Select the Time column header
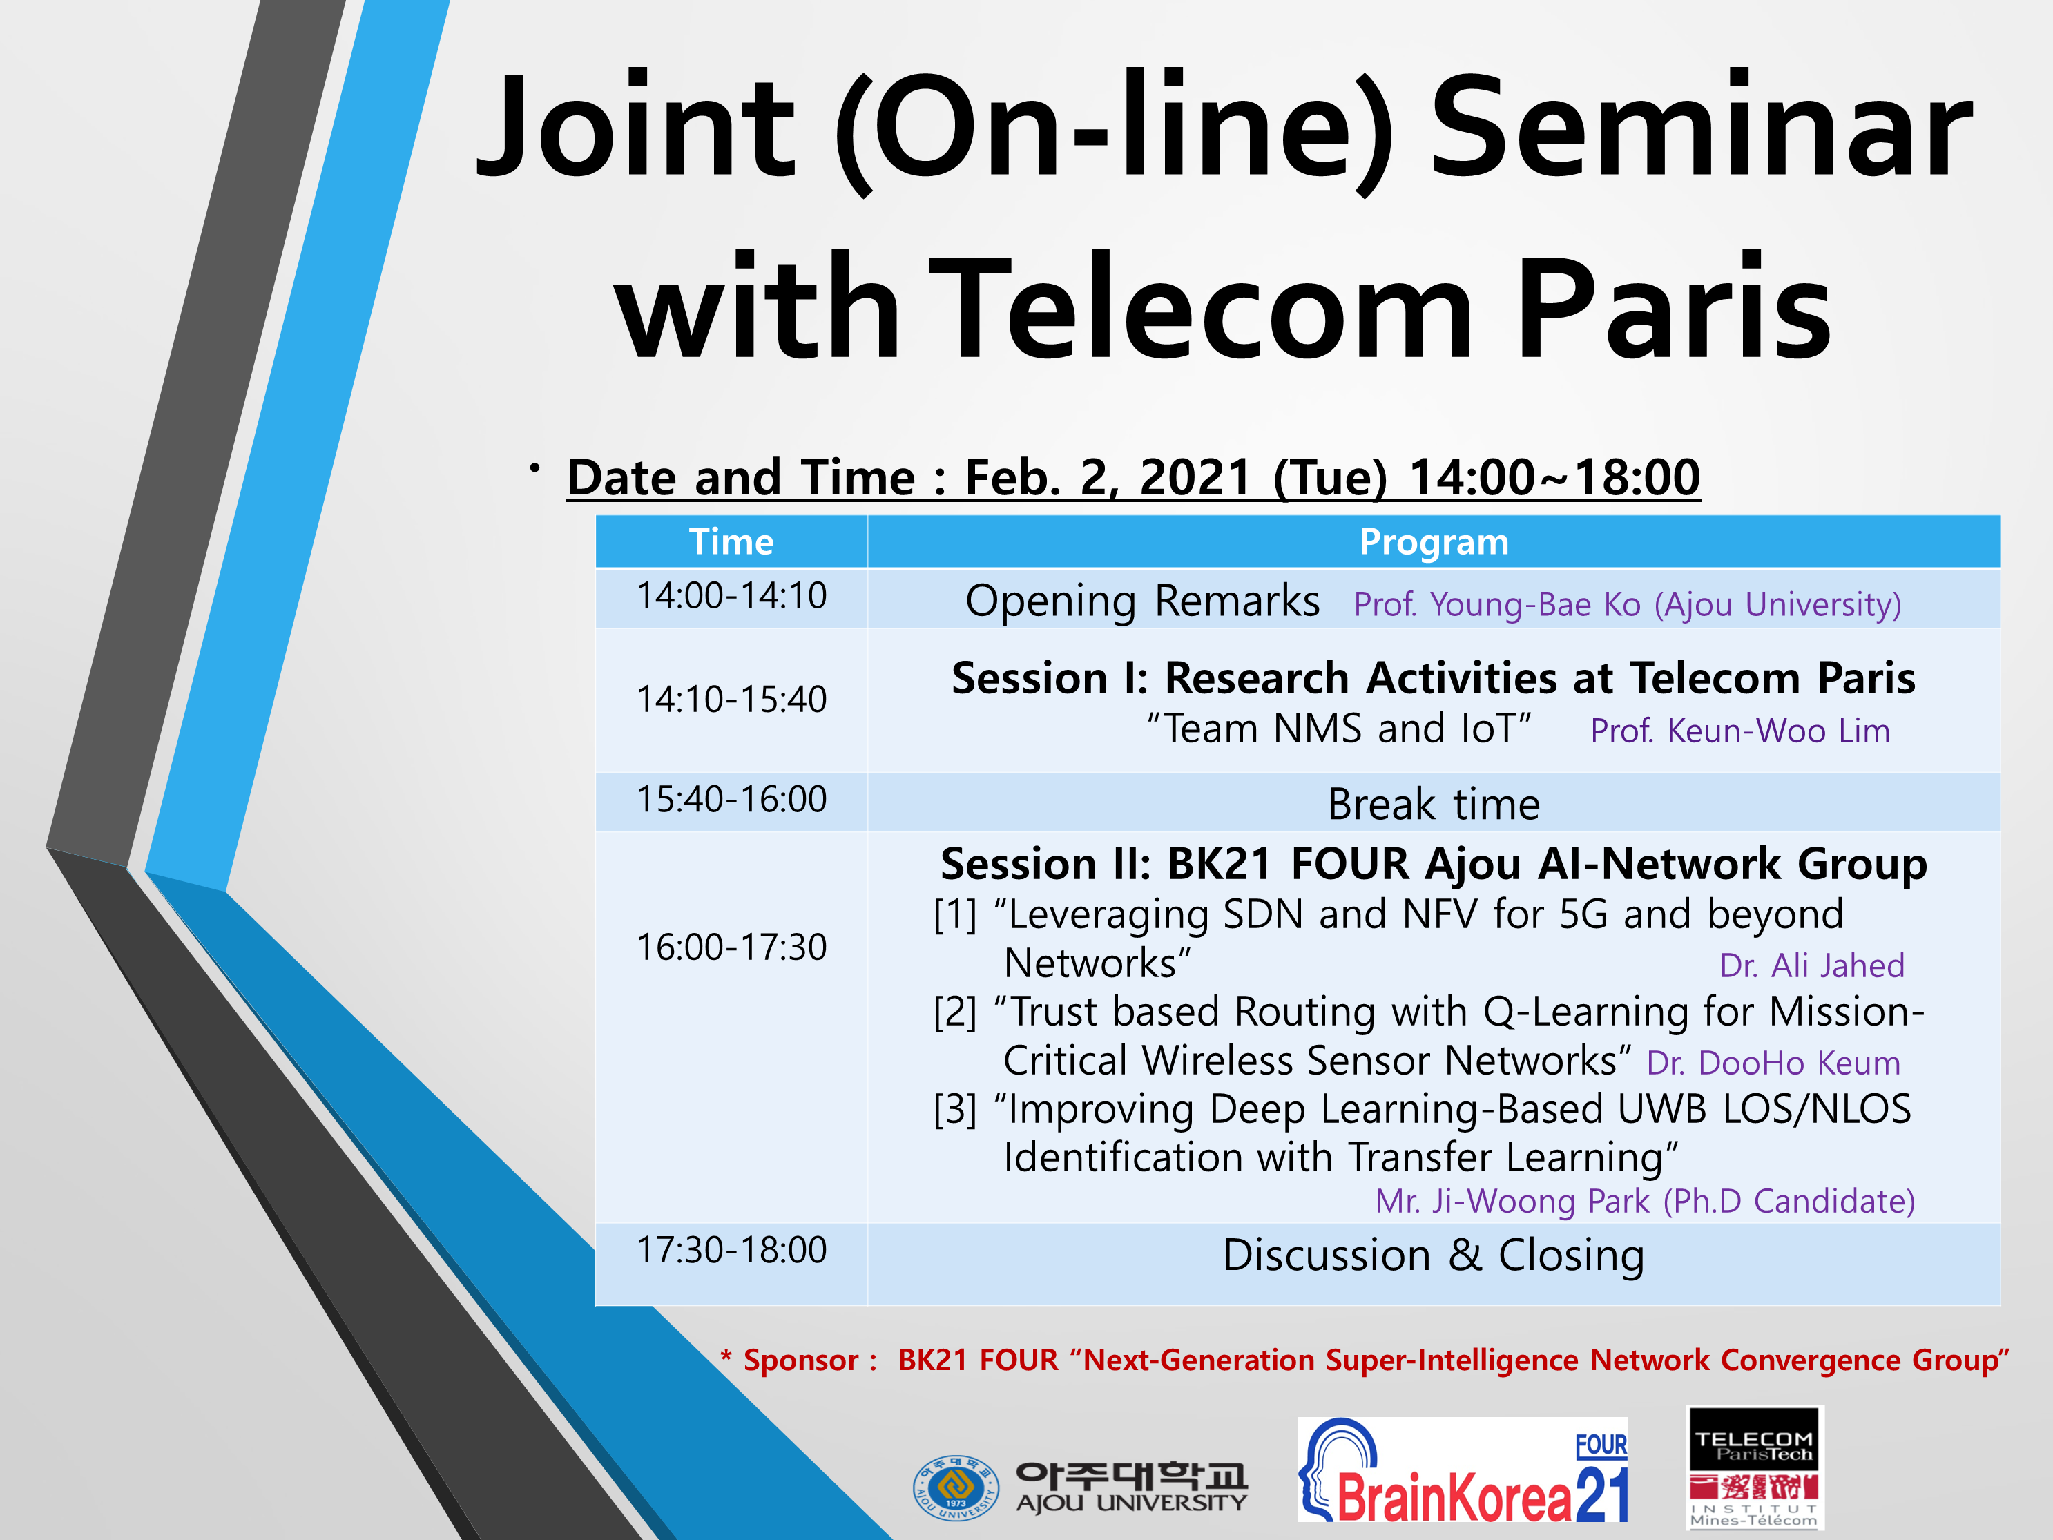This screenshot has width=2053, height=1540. point(731,541)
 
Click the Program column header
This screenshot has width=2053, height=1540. point(1434,541)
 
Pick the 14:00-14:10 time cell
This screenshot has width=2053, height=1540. point(731,595)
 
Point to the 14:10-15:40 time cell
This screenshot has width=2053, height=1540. point(731,699)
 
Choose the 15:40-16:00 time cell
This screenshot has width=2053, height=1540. point(731,798)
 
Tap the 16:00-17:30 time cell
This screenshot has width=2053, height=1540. point(731,947)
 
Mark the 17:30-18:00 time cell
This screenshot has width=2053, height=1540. point(731,1249)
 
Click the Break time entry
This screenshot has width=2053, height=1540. point(1434,804)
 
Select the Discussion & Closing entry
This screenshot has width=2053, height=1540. point(1434,1255)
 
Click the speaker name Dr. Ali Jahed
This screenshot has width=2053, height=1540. point(1812,965)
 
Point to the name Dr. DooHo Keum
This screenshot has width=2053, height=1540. point(1773,1063)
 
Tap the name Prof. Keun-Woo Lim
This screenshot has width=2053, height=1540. point(1740,731)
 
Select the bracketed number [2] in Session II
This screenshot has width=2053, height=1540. point(955,1012)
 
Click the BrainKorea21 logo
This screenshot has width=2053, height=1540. point(1463,1470)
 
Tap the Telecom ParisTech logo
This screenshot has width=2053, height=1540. point(1754,1467)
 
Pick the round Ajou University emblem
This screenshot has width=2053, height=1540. point(956,1487)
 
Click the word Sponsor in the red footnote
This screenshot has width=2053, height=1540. point(801,1360)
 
